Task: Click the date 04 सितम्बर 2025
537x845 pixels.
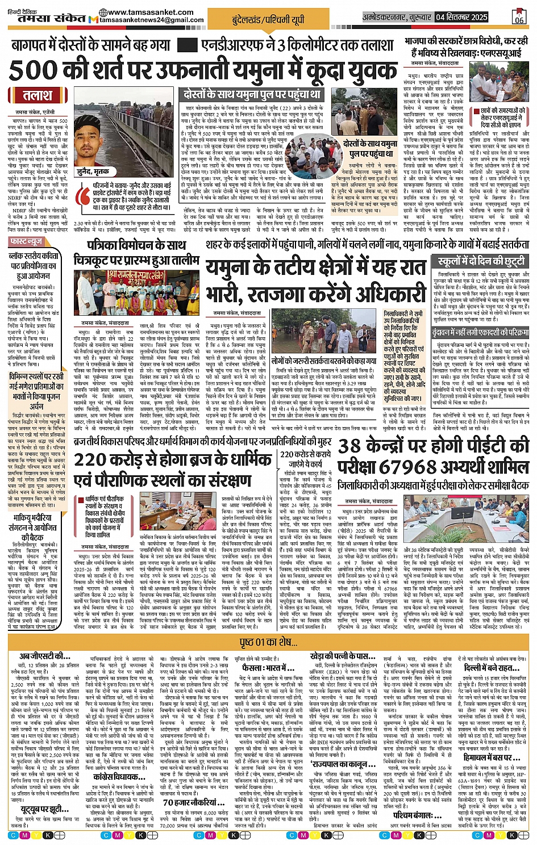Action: (x=461, y=17)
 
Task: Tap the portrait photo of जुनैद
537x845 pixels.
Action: (x=93, y=142)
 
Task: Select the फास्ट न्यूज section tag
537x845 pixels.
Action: (x=26, y=241)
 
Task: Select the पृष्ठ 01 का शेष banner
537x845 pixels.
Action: (x=268, y=642)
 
